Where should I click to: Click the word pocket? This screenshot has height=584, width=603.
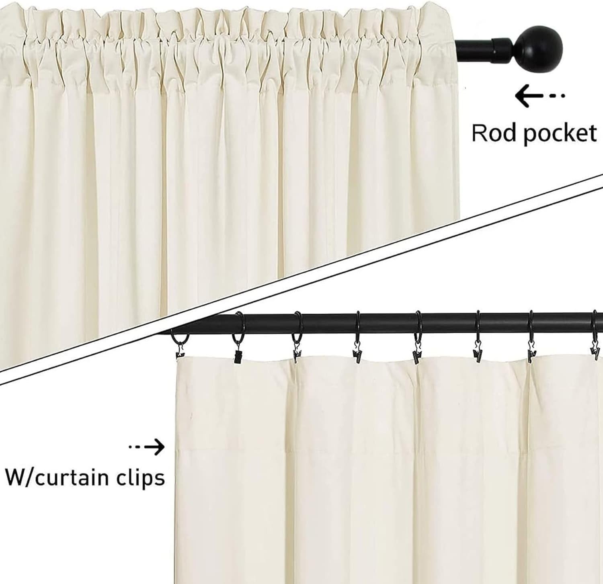point(559,134)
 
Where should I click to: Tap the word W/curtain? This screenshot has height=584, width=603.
point(56,478)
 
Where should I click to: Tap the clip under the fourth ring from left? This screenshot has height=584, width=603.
point(357,354)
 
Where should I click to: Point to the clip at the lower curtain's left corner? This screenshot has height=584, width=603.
point(180,354)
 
